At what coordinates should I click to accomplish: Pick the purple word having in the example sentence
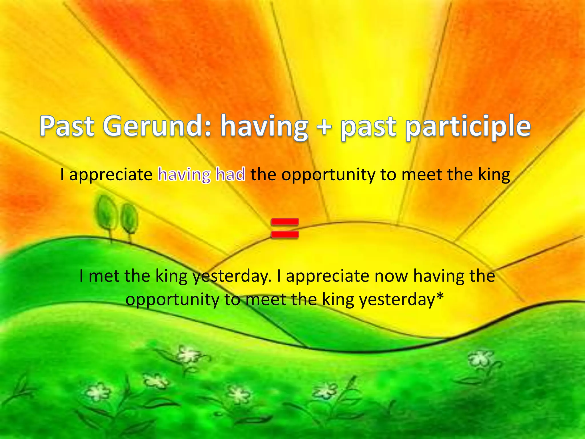184,175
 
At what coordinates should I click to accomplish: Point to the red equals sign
285,228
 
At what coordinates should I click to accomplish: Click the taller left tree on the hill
107,213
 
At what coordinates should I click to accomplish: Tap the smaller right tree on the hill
129,219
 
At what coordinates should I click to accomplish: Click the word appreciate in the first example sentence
111,175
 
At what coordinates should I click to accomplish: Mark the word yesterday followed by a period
231,277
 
